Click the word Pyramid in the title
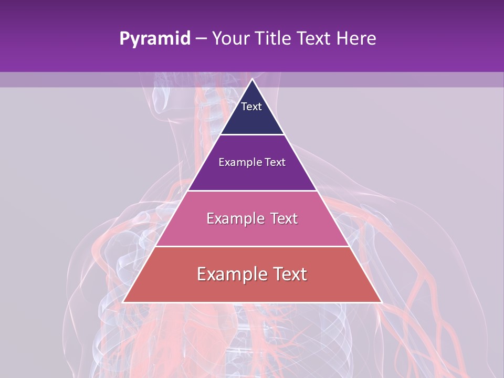pyautogui.click(x=154, y=39)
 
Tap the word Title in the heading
pyautogui.click(x=274, y=38)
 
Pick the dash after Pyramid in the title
pyautogui.click(x=201, y=39)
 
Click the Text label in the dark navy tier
pyautogui.click(x=251, y=107)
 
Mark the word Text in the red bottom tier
pyautogui.click(x=289, y=274)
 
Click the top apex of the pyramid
pyautogui.click(x=252, y=79)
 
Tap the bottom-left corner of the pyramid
pyautogui.click(x=123, y=302)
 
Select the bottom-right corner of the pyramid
pyautogui.click(x=381, y=302)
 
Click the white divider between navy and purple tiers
pyautogui.click(x=252, y=135)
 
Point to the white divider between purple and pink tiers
pyautogui.click(x=252, y=191)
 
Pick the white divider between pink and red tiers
pyautogui.click(x=252, y=246)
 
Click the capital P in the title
pyautogui.click(x=124, y=38)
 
